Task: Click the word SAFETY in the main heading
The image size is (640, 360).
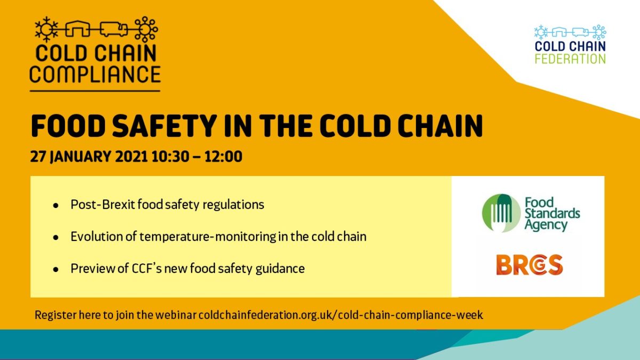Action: pos(163,126)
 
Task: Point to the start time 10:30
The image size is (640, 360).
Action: pos(170,157)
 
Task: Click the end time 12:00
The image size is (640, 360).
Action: pos(223,157)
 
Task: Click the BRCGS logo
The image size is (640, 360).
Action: pos(530,265)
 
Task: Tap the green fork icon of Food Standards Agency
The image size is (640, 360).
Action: pos(501,213)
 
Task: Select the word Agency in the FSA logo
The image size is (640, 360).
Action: pos(546,225)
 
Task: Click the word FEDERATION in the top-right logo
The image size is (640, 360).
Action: pos(570,59)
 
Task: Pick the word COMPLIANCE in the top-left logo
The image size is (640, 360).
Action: pos(95,74)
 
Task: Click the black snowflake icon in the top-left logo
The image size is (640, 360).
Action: pos(46,29)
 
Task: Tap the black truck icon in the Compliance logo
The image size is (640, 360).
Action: pos(114,29)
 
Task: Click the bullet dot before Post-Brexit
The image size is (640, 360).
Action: pos(56,205)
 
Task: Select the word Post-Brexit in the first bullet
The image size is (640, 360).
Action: pos(102,205)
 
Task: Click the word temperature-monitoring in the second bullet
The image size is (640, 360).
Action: pos(207,237)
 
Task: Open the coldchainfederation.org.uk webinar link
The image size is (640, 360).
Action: pos(341,315)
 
